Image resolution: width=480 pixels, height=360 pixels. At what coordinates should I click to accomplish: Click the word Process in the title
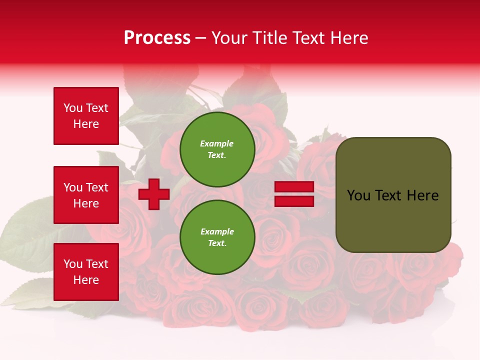157,38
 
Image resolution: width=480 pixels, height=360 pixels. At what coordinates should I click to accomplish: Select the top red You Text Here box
86,116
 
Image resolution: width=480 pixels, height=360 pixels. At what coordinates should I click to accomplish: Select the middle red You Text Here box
86,195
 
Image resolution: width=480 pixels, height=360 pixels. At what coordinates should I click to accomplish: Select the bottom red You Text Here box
86,272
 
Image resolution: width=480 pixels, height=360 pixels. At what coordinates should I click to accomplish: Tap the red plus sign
154,194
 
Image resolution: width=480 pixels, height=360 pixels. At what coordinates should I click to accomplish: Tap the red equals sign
294,194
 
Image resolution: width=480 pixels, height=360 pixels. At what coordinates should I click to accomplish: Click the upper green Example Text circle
217,149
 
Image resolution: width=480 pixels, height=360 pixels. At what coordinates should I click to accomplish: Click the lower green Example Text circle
217,237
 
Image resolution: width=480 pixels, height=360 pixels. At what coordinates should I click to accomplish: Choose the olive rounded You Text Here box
393,195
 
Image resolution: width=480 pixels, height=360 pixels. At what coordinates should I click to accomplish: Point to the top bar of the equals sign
294,187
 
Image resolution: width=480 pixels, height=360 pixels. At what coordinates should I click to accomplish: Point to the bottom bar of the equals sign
294,201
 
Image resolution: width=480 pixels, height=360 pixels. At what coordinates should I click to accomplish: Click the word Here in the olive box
422,195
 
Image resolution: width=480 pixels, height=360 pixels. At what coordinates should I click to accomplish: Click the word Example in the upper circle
217,143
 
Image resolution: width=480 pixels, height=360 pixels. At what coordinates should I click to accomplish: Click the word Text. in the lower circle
217,243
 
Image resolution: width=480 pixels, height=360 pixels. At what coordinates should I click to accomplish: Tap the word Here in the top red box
86,124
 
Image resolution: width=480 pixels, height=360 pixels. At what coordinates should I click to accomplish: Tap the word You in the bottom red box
73,264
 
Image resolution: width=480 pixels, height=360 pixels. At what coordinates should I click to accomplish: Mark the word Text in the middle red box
96,187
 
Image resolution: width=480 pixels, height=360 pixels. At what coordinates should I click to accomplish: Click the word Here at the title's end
349,38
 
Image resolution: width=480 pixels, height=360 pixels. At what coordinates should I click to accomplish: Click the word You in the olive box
358,195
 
